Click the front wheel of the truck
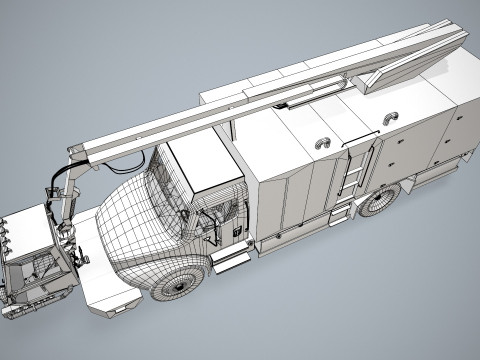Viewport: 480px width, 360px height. [181, 281]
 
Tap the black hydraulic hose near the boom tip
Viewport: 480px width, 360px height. [55, 184]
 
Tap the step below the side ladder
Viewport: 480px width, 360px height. [340, 211]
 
